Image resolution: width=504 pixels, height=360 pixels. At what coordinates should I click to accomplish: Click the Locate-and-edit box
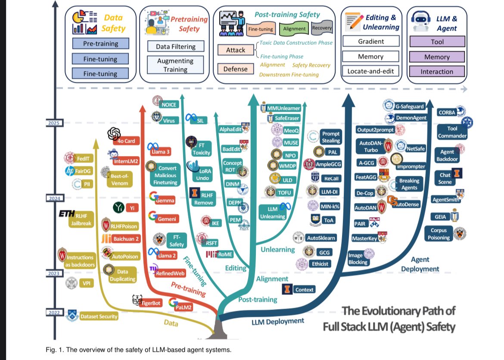click(x=370, y=72)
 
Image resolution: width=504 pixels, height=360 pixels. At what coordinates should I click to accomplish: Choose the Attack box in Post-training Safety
click(x=236, y=50)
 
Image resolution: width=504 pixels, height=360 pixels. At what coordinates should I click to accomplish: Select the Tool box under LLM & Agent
click(x=437, y=42)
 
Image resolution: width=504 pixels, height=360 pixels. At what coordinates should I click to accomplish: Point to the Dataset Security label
click(x=99, y=317)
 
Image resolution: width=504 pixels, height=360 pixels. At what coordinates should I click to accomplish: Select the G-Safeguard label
click(x=409, y=106)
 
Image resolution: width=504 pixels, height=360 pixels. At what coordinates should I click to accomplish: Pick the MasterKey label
click(x=364, y=238)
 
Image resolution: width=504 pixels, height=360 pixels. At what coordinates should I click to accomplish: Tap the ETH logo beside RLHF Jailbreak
click(x=67, y=214)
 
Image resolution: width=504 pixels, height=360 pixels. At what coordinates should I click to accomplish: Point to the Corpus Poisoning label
click(x=439, y=234)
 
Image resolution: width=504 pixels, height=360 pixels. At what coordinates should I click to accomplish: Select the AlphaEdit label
click(x=230, y=129)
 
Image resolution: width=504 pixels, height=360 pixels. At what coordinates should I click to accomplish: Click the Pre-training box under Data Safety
click(x=100, y=44)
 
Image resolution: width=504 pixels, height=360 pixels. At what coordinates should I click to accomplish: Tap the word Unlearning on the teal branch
click(x=277, y=249)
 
